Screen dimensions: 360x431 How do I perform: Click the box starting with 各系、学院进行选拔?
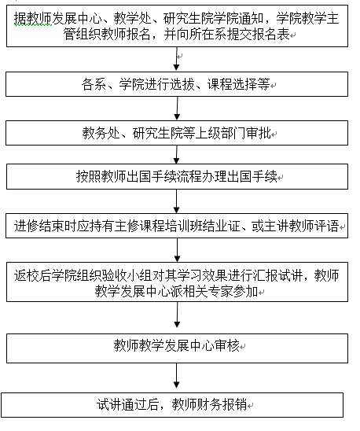pos(177,84)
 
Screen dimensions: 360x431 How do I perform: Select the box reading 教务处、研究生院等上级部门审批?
pos(177,133)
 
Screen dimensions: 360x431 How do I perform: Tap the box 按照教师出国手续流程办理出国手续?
pos(177,176)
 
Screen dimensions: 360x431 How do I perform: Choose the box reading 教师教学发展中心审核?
pos(177,348)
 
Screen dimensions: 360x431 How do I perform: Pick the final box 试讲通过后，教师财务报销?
pos(172,405)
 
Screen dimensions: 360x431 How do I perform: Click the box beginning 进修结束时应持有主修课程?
pos(177,226)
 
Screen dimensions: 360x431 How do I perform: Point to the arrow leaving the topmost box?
pos(177,59)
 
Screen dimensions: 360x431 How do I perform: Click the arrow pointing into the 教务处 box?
pos(178,109)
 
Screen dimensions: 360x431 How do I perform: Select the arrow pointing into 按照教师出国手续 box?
pos(177,154)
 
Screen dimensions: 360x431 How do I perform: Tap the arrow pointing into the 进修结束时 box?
pos(177,201)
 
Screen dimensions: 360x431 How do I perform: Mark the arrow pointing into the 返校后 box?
pos(178,250)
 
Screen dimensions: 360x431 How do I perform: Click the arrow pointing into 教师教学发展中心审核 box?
pos(178,315)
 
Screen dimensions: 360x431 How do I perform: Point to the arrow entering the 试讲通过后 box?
pos(177,375)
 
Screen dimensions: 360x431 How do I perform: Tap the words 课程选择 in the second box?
pos(232,84)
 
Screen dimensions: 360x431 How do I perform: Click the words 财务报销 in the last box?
pos(222,404)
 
